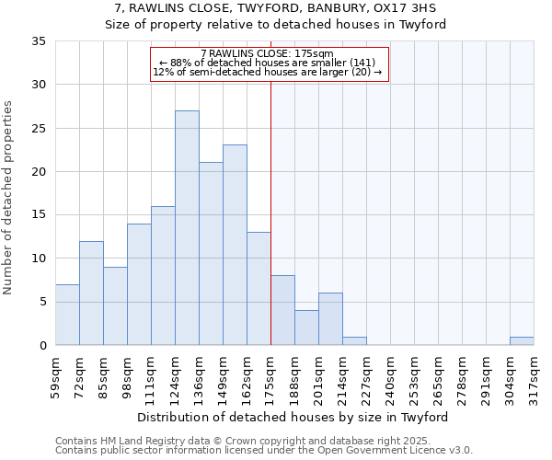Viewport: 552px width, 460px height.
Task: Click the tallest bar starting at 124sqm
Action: tap(187, 228)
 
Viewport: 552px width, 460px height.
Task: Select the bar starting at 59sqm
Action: tap(67, 315)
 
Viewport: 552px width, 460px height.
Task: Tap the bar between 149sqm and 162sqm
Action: tap(235, 245)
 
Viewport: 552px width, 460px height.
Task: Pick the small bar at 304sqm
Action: tap(522, 341)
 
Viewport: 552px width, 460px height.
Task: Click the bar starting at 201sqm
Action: tap(330, 319)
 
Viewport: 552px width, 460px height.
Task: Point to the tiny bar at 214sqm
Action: tap(354, 341)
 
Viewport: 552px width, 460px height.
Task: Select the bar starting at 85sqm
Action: tap(115, 306)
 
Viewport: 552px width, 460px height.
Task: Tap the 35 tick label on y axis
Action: tap(39, 41)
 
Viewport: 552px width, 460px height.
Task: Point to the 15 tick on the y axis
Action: tap(39, 215)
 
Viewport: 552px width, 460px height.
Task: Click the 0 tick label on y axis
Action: tap(42, 346)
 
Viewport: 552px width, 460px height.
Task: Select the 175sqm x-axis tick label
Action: tap(270, 377)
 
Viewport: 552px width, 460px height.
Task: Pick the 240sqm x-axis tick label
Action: tap(390, 377)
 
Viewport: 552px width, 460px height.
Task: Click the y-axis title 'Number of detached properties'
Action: tap(8, 198)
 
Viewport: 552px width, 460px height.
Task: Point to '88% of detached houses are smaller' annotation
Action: tap(269, 63)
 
